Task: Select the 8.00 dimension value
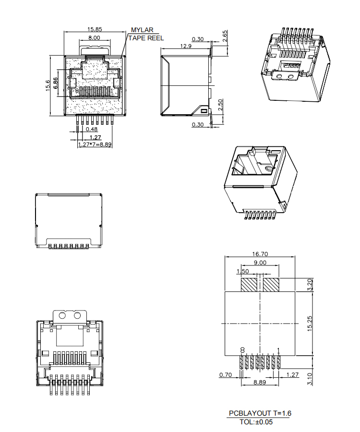[94, 37]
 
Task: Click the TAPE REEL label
[146, 38]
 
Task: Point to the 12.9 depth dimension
[186, 46]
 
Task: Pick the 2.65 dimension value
[225, 36]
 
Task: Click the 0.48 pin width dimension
[92, 129]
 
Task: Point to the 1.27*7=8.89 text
[95, 144]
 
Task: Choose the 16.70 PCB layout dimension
[259, 254]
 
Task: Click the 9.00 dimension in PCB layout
[259, 263]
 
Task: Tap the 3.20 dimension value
[309, 284]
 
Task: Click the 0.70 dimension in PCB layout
[226, 374]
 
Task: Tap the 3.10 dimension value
[309, 379]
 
